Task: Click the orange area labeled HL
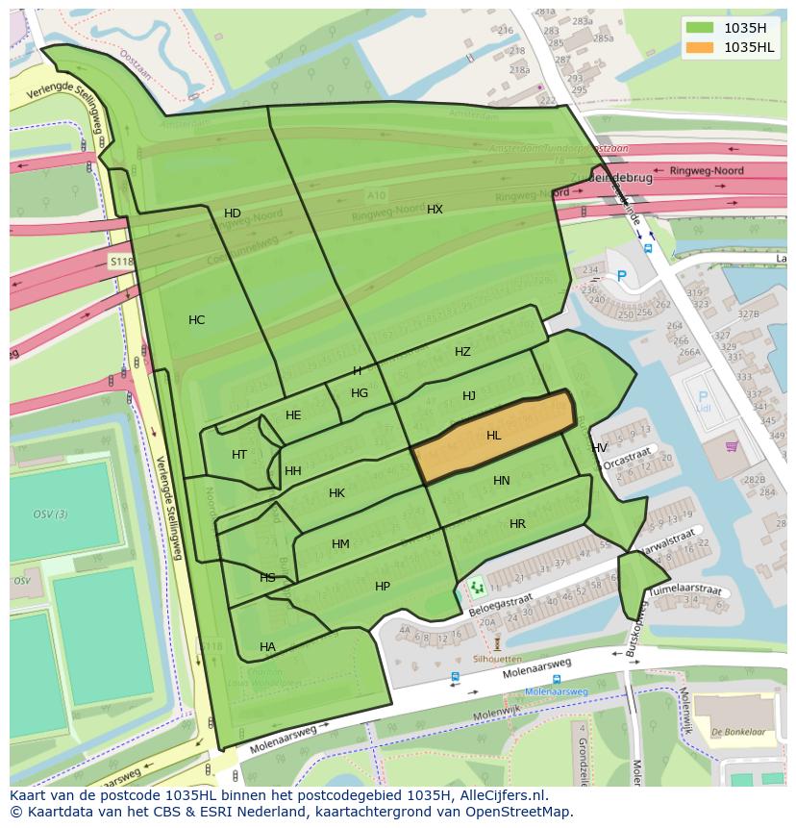pos(494,436)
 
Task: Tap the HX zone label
pos(435,209)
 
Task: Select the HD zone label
pos(233,213)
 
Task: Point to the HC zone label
pos(196,320)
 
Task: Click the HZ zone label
pos(462,352)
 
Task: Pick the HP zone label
pos(383,587)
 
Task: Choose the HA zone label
pos(267,647)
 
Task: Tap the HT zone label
pos(239,455)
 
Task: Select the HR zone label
pos(517,524)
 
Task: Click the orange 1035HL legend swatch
pos(700,47)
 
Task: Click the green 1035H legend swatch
pos(700,28)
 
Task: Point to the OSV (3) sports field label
pos(50,514)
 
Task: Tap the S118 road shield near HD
pos(120,261)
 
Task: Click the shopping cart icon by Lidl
pos(732,445)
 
